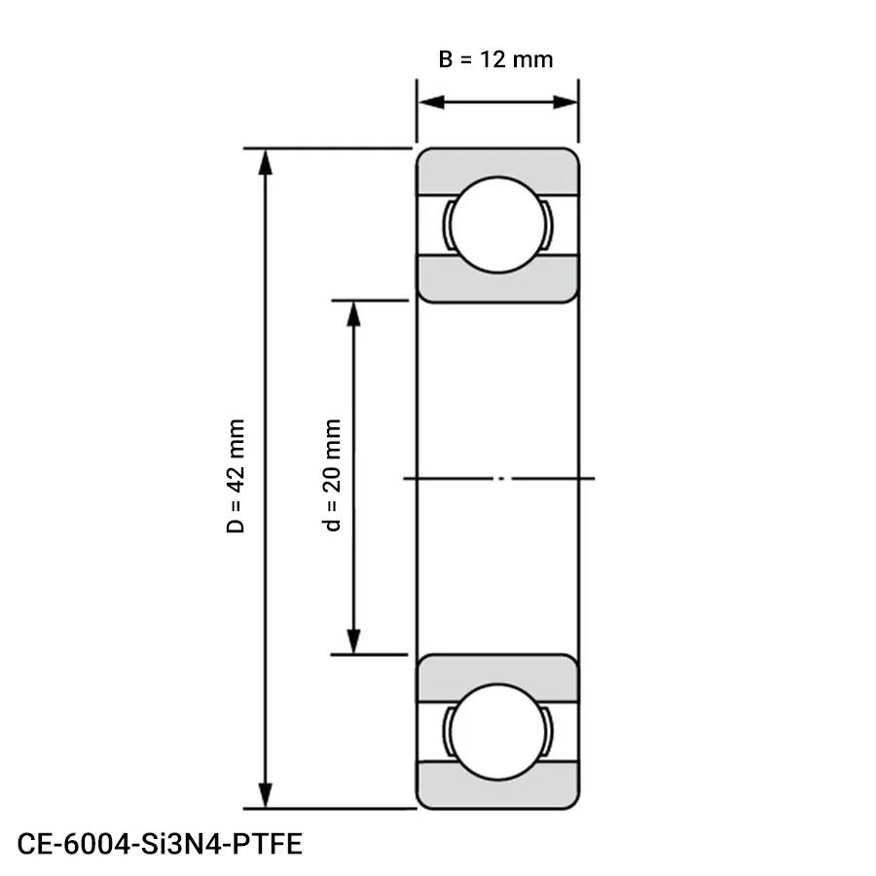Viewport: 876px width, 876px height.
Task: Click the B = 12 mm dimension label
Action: tap(495, 59)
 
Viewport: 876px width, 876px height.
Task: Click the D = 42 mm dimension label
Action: tap(236, 477)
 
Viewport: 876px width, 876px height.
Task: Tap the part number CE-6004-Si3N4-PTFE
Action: tap(160, 843)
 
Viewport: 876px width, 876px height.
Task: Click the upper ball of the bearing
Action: tap(497, 225)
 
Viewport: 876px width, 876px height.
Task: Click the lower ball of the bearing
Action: tap(497, 731)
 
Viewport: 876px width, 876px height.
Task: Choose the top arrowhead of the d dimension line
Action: tap(354, 313)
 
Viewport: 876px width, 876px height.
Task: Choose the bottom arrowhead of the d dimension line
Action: tap(354, 641)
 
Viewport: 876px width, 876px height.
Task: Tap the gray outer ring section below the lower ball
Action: tap(497, 793)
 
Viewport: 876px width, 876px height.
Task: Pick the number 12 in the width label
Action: tap(495, 59)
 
